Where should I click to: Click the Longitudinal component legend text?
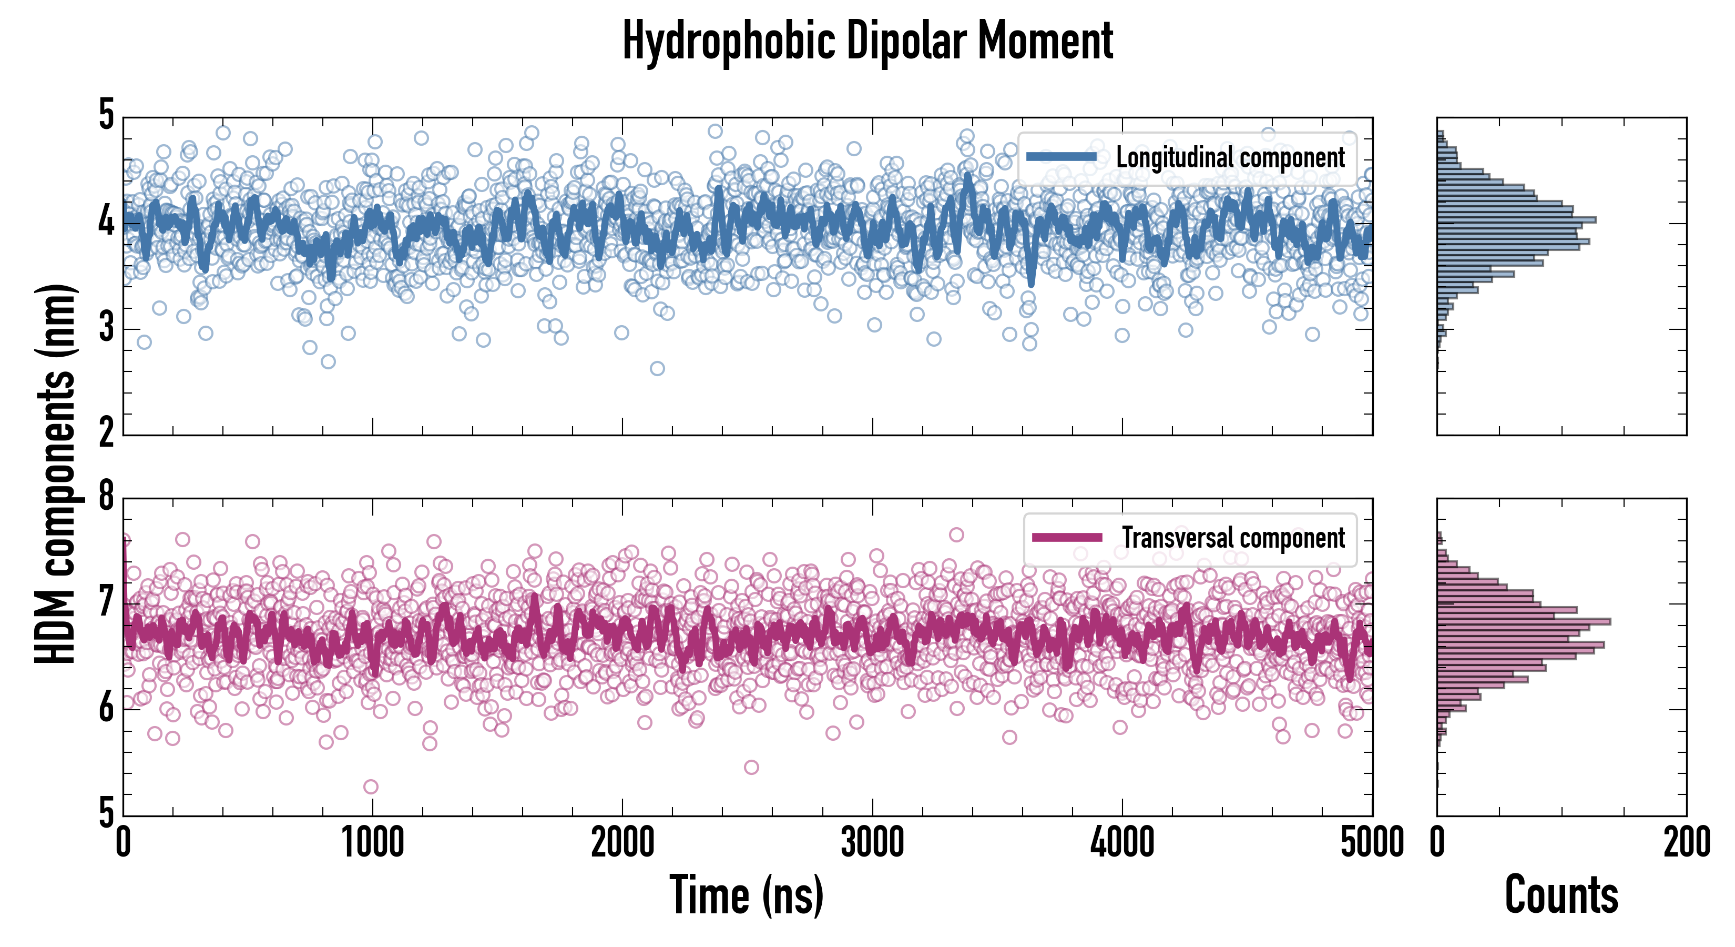pos(1230,158)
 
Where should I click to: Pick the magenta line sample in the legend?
pos(1067,537)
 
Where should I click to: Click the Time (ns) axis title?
pos(746,894)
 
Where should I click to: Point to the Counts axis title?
pos(1561,894)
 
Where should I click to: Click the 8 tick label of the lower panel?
pos(106,497)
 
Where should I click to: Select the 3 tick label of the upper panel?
pos(106,328)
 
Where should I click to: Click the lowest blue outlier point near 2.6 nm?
pos(657,368)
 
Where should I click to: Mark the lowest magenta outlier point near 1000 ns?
pos(371,787)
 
